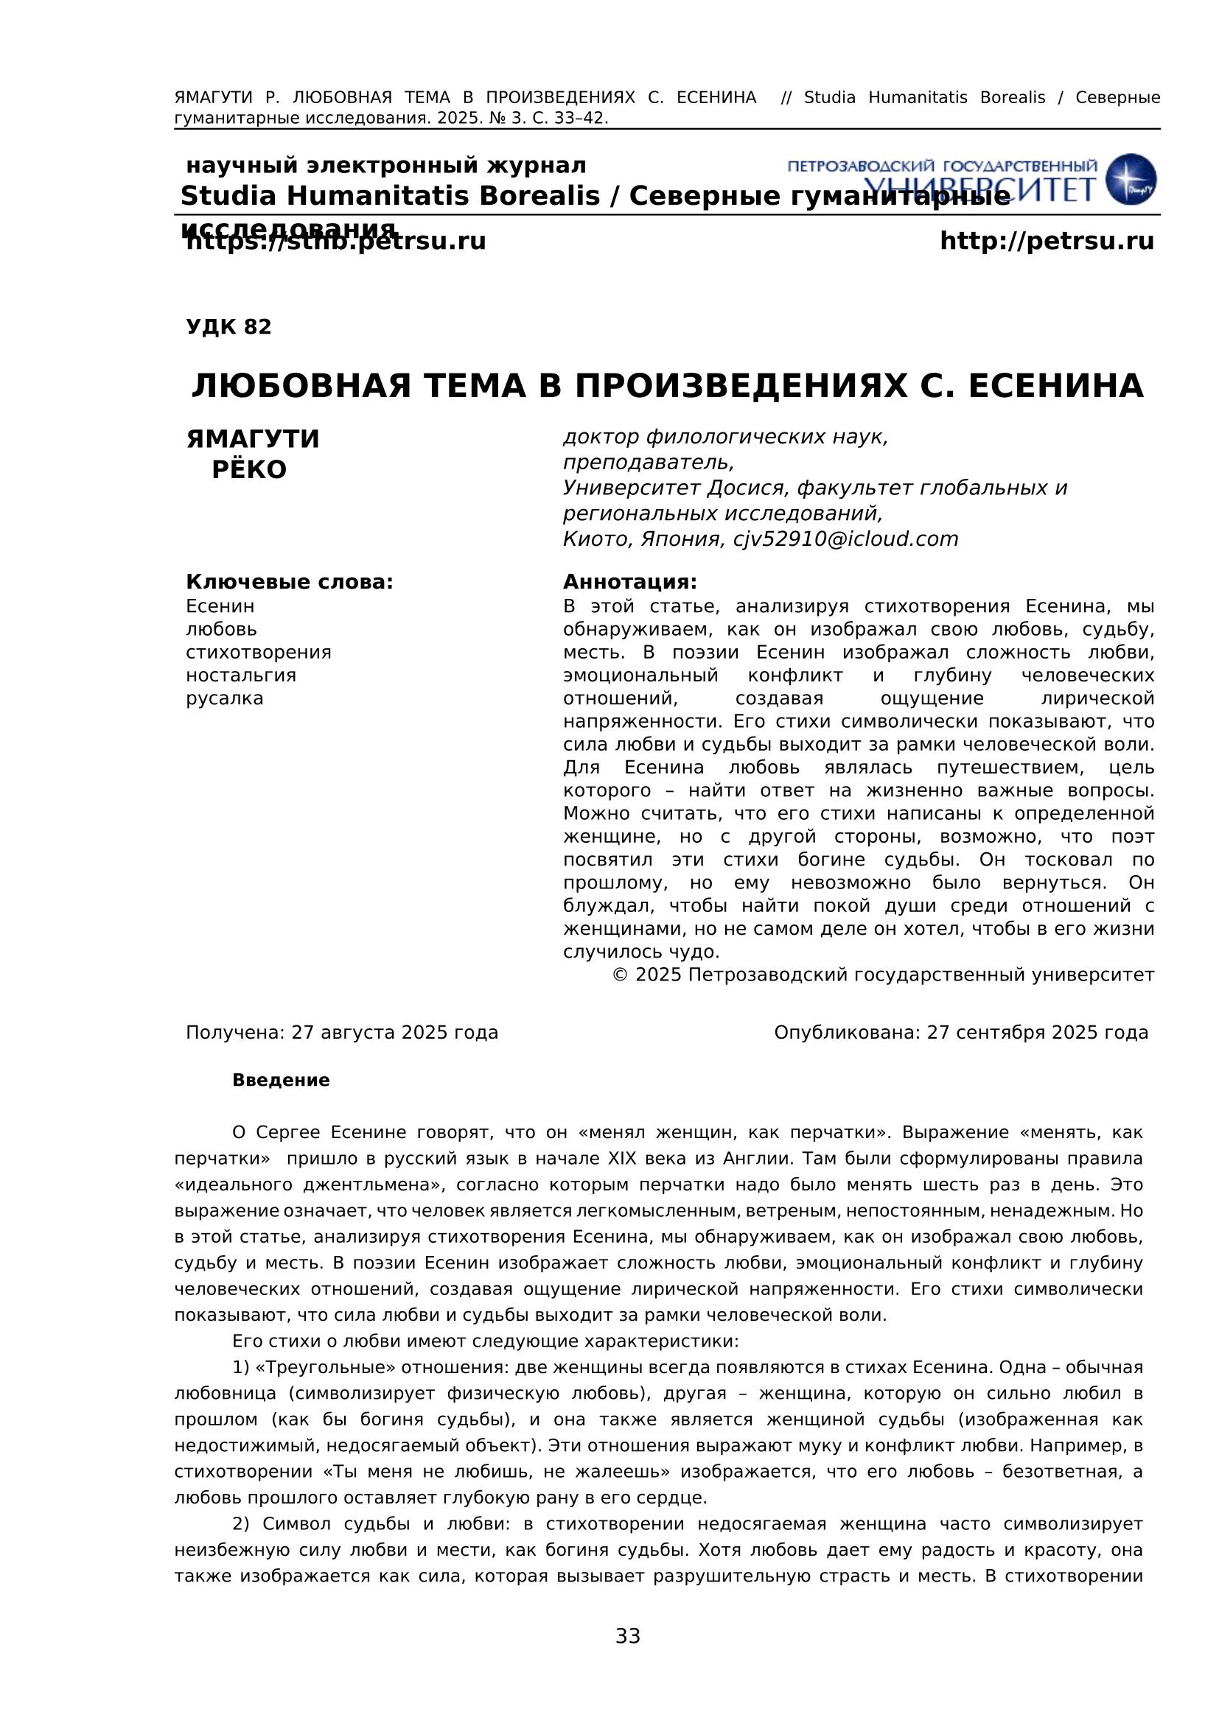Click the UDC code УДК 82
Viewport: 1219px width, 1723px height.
tap(228, 327)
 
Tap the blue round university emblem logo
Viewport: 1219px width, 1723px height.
tap(1131, 179)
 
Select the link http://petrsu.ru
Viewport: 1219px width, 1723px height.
tap(1047, 242)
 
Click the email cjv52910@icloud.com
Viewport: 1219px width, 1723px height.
tap(846, 538)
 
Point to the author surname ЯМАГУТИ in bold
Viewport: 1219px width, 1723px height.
tap(253, 439)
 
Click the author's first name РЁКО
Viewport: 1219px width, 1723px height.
tap(249, 470)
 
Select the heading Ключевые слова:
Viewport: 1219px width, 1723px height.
tap(289, 582)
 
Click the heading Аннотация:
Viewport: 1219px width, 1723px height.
tap(629, 582)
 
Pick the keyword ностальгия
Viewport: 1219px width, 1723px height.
tap(241, 675)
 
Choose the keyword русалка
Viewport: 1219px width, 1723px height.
tap(225, 698)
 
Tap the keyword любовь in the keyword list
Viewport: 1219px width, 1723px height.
tap(221, 629)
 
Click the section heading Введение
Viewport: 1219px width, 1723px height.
tap(281, 1080)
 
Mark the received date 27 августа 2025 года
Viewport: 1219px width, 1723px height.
tap(395, 1033)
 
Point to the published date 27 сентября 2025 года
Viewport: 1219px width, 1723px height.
tap(1038, 1033)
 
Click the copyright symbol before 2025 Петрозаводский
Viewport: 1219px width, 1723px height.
tap(620, 975)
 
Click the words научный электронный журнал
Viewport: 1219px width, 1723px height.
tap(385, 165)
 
